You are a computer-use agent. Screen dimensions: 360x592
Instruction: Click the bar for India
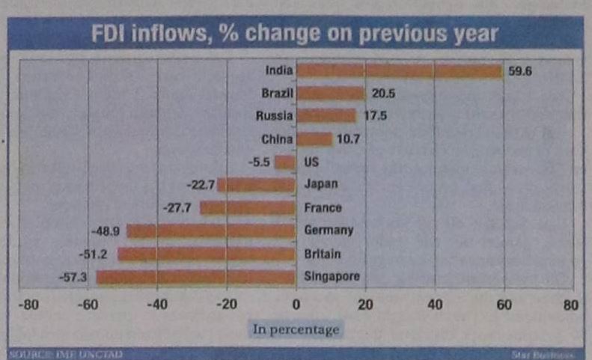tap(398, 71)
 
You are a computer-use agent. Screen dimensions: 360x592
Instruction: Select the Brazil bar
tap(329, 94)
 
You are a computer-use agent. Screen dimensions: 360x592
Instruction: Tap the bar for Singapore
tap(195, 277)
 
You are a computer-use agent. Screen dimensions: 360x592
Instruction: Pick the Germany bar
tap(210, 231)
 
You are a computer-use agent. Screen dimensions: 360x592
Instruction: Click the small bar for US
tap(284, 162)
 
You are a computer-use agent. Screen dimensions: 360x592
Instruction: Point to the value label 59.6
tap(520, 72)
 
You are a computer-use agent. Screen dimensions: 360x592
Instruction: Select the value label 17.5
tap(375, 117)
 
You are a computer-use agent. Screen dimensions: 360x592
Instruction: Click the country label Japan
tap(321, 184)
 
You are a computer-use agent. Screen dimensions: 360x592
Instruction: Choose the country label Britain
tap(323, 254)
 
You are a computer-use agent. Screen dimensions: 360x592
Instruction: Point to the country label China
tap(276, 139)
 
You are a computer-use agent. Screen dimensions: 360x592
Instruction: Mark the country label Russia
tap(274, 117)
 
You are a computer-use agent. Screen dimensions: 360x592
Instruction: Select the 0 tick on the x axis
tap(295, 305)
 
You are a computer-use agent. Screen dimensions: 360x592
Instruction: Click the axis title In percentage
tap(296, 329)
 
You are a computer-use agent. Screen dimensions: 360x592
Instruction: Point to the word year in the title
tap(474, 34)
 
